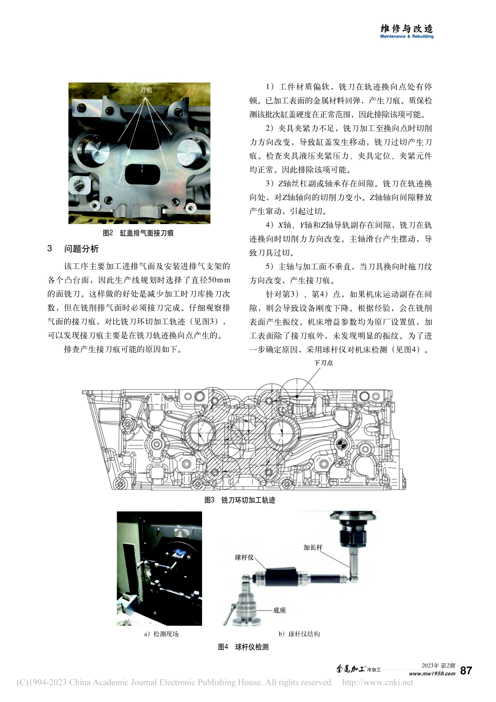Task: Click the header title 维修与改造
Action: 407,28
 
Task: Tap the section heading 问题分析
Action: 81,249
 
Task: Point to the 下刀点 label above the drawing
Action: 323,362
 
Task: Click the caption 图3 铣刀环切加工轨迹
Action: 240,500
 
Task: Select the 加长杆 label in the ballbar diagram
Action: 313,547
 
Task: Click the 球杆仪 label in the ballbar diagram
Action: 244,557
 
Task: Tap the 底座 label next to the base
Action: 279,610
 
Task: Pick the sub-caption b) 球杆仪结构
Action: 299,634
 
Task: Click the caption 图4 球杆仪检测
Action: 243,647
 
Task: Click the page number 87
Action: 466,671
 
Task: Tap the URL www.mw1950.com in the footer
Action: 432,674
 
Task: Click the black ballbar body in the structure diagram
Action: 280,577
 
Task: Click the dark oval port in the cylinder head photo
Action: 141,174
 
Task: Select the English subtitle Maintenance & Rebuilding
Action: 407,37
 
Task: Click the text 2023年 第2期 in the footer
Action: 438,665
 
